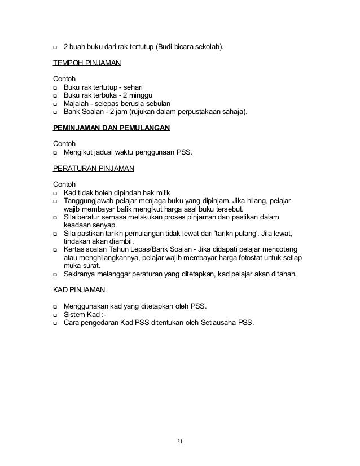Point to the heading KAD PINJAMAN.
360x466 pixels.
coord(79,291)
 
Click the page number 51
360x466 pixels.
coord(179,441)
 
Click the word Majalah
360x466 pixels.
coord(78,104)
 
